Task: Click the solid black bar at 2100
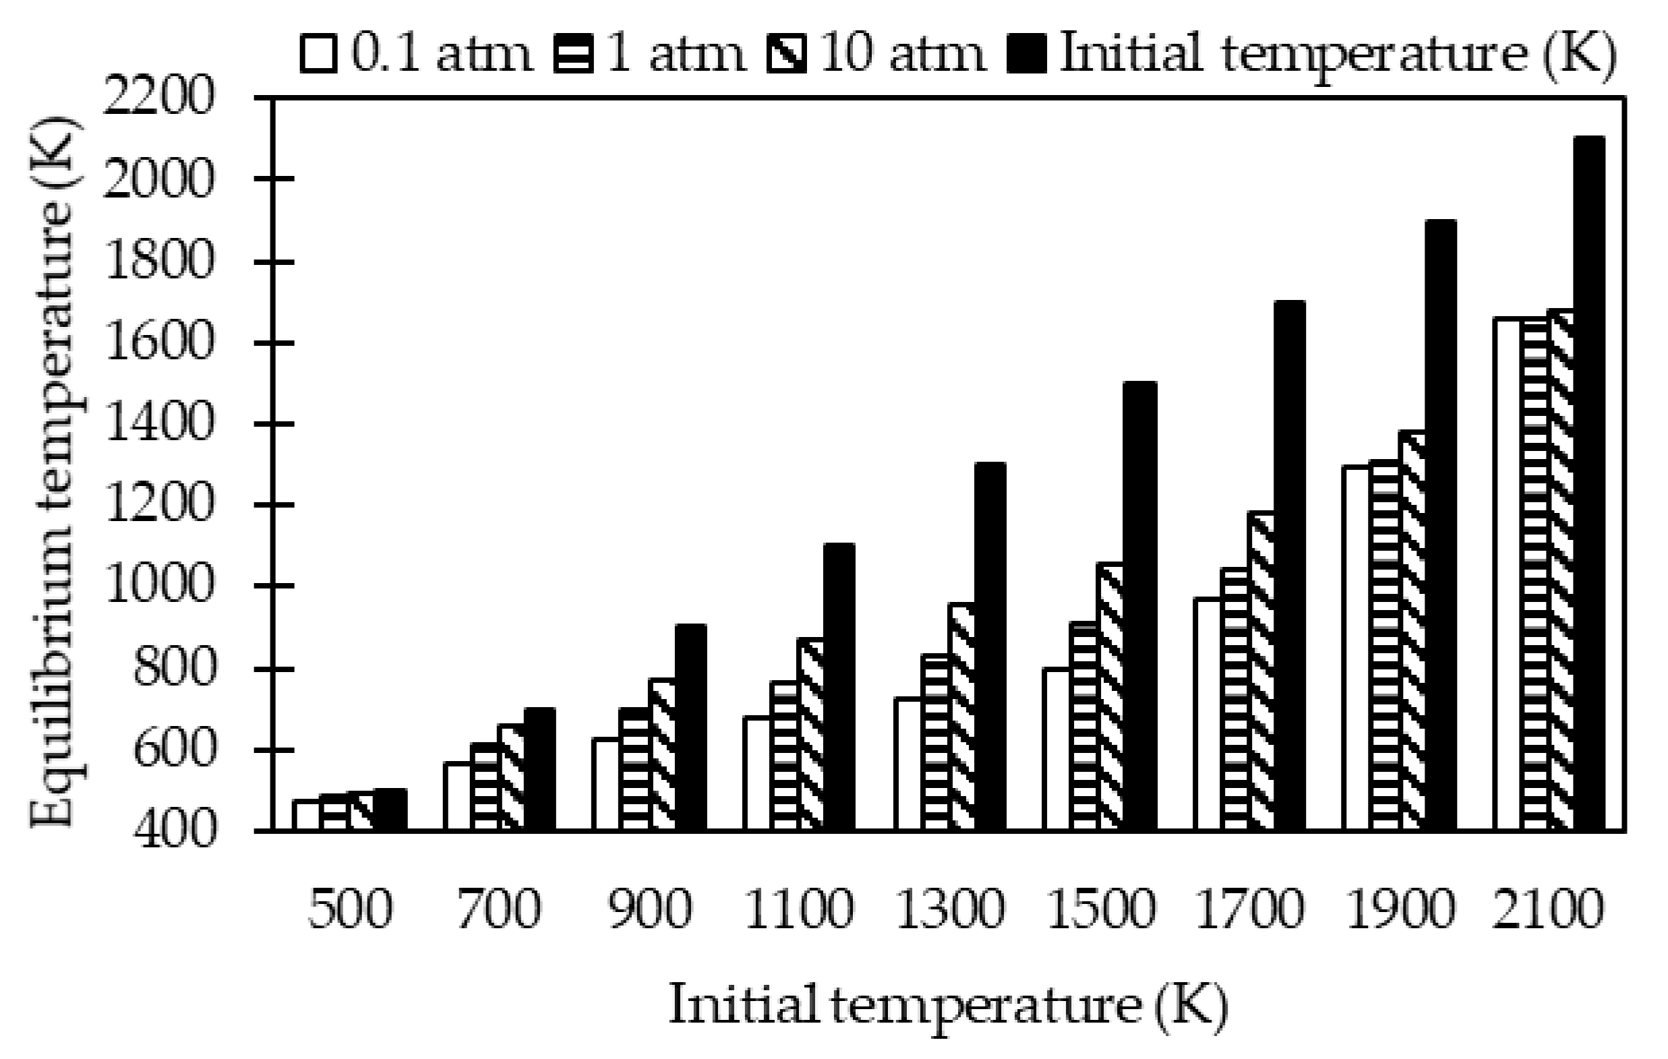pyautogui.click(x=1590, y=485)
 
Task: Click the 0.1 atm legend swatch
pyautogui.click(x=319, y=56)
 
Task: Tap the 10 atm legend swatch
pyautogui.click(x=787, y=56)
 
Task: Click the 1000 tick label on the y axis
pyautogui.click(x=156, y=586)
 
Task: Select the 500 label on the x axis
pyautogui.click(x=350, y=909)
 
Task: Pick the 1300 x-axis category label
pyautogui.click(x=950, y=909)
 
